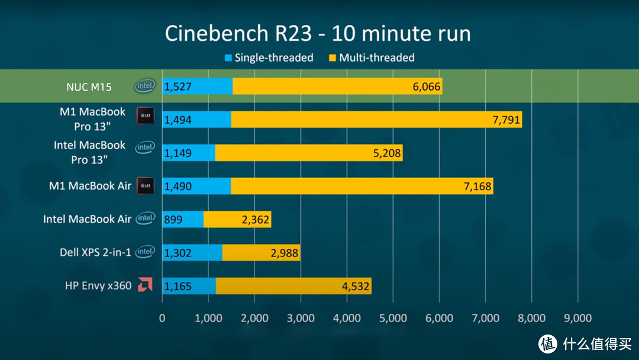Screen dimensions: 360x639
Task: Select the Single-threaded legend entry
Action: (x=269, y=58)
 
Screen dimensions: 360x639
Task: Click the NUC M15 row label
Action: (x=89, y=86)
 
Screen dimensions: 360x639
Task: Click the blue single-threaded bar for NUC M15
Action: (x=197, y=86)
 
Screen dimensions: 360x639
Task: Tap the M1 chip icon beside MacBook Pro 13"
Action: (x=145, y=116)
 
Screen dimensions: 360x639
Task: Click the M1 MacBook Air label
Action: (x=90, y=186)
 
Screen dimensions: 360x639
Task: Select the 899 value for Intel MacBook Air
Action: (x=173, y=220)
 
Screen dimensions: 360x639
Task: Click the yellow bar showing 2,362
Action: (x=237, y=220)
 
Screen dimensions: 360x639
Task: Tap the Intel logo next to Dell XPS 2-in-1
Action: (x=145, y=252)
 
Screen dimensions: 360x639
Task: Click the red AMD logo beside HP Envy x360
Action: (x=145, y=285)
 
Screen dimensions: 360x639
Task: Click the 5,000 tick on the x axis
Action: (x=393, y=318)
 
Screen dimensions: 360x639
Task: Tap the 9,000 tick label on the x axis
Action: (x=577, y=318)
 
